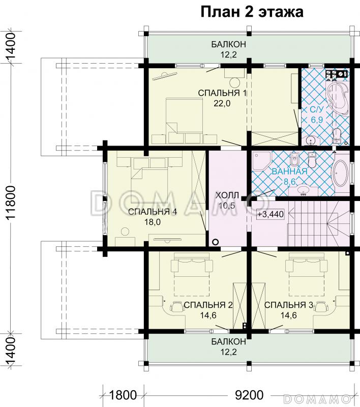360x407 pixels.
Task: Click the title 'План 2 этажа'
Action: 252,12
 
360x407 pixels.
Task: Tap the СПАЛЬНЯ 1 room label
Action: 222,93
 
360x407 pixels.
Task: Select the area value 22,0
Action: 222,104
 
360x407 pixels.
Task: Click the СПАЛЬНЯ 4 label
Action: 153,212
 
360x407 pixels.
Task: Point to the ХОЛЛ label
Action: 227,195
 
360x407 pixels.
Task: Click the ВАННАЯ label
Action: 289,171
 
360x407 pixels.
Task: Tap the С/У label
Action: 317,109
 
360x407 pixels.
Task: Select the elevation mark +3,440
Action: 271,214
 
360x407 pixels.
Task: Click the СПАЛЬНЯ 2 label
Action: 208,305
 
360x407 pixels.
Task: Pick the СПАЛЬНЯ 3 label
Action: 289,305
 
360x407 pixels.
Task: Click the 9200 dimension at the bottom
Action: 249,395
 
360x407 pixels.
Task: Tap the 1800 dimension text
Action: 123,395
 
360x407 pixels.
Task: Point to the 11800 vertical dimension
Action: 12,203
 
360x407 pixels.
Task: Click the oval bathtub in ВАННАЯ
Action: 340,173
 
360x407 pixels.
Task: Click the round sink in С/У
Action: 310,141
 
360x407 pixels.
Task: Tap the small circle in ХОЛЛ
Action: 215,242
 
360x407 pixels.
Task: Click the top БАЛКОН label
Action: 228,44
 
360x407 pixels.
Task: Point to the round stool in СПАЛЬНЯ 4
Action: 125,231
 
